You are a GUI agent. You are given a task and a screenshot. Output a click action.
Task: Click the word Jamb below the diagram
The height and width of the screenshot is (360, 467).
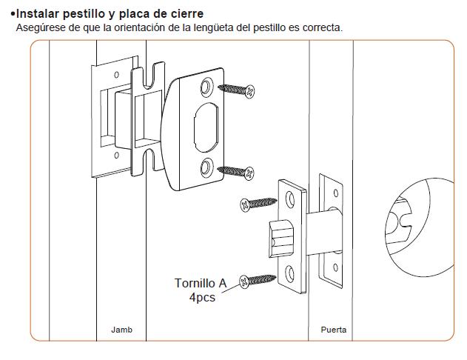(121, 330)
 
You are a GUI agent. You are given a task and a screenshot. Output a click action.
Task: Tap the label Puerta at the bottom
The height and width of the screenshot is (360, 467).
(333, 330)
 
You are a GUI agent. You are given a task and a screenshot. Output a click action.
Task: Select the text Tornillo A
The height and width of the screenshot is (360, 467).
(200, 283)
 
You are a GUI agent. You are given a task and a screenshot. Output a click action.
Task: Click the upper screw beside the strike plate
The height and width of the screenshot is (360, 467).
(238, 90)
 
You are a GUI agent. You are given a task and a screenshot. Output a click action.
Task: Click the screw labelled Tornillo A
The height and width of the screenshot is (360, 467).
(258, 281)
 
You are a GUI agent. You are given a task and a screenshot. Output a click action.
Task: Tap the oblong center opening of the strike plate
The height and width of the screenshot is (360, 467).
(206, 125)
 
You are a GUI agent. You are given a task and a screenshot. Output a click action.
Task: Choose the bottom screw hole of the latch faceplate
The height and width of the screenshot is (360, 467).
(291, 273)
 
